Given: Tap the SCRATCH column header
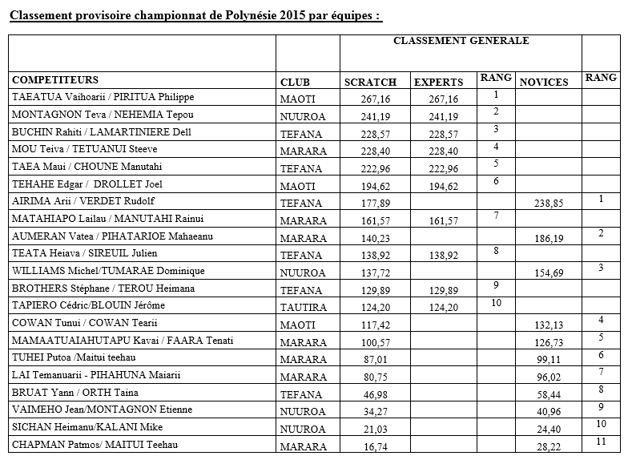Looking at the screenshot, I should (370, 82).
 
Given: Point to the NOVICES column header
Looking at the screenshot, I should (544, 82).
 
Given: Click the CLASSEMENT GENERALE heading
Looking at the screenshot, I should (461, 41).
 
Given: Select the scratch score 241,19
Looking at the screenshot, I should (370, 116).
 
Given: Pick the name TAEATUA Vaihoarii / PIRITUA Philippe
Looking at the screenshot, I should (103, 98).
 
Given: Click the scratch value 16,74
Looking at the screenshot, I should (374, 446).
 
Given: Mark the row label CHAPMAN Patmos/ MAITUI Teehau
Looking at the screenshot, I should (95, 446).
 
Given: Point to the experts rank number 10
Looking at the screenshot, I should (496, 302).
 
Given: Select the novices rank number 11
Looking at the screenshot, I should (601, 441).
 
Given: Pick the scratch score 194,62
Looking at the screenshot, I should (370, 186).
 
